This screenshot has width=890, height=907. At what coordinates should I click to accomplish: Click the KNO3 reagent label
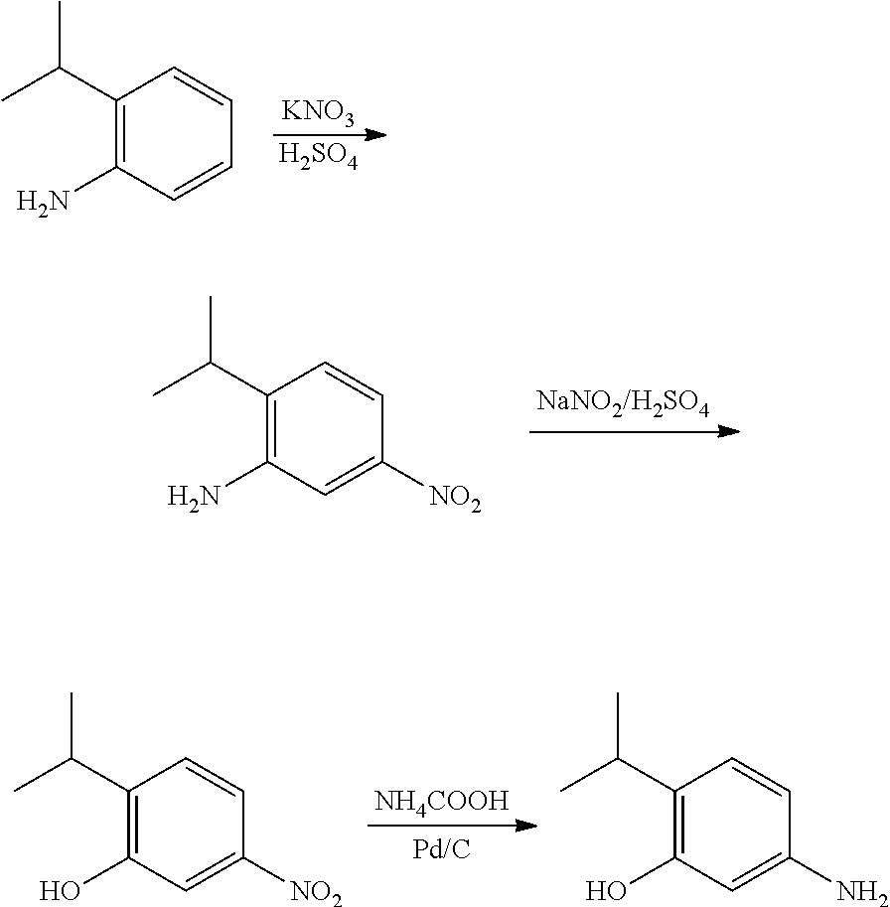[318, 113]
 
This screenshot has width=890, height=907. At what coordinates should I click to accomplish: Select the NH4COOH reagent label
[442, 800]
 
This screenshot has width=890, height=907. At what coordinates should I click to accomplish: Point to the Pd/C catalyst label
[442, 851]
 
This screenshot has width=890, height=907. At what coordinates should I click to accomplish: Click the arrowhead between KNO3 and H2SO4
[375, 135]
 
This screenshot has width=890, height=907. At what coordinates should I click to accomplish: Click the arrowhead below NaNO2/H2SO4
[729, 432]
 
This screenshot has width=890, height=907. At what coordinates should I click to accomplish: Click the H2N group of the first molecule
[43, 202]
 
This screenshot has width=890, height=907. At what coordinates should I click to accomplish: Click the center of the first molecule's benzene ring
[175, 134]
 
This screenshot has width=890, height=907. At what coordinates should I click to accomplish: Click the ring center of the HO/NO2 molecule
[187, 825]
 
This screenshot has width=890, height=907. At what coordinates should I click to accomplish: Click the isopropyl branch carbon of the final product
[619, 759]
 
